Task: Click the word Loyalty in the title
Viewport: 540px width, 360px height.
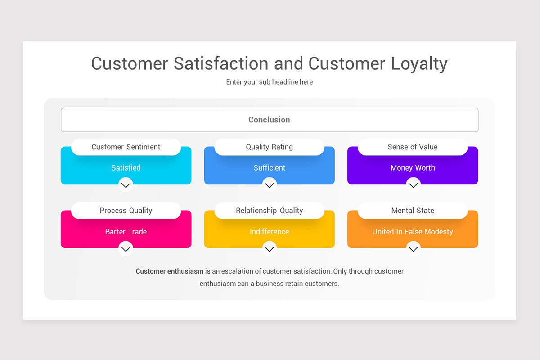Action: [419, 63]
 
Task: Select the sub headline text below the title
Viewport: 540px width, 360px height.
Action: [269, 82]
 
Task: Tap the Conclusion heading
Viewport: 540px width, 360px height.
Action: [269, 120]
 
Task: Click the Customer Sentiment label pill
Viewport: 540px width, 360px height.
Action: [126, 147]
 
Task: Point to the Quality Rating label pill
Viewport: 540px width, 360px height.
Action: [269, 147]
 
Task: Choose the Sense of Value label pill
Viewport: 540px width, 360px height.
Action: [413, 147]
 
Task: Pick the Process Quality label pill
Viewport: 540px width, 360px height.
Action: [126, 211]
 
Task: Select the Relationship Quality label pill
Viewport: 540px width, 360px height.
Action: [269, 211]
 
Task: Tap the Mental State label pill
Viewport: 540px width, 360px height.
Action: [413, 211]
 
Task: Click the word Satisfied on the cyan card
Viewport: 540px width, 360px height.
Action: [126, 167]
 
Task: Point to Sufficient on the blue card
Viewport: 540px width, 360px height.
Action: [269, 167]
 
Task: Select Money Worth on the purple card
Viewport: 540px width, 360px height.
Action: [413, 168]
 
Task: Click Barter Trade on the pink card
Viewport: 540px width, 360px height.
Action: [126, 231]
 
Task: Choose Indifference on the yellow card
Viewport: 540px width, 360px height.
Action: [269, 231]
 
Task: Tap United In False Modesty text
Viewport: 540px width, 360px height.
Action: [413, 232]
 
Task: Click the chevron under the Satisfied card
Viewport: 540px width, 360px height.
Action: [126, 185]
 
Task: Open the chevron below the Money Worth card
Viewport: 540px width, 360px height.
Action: [413, 185]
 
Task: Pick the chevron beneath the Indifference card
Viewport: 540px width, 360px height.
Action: [269, 248]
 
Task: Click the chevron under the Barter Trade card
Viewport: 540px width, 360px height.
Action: [126, 248]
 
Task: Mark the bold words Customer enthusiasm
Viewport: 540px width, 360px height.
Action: [170, 271]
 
